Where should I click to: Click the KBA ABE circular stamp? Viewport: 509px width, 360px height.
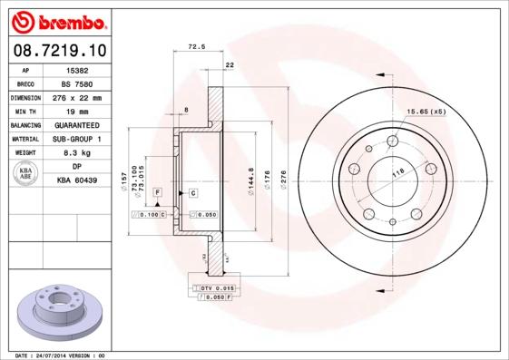[25, 174]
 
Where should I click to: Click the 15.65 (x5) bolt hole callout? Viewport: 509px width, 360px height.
[426, 111]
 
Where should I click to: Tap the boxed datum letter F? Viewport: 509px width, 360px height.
[156, 194]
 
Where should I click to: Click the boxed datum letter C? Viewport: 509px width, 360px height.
[193, 194]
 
